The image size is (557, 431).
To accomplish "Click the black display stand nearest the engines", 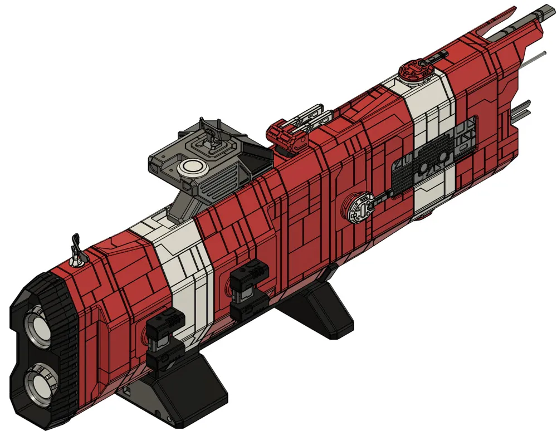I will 184,384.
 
